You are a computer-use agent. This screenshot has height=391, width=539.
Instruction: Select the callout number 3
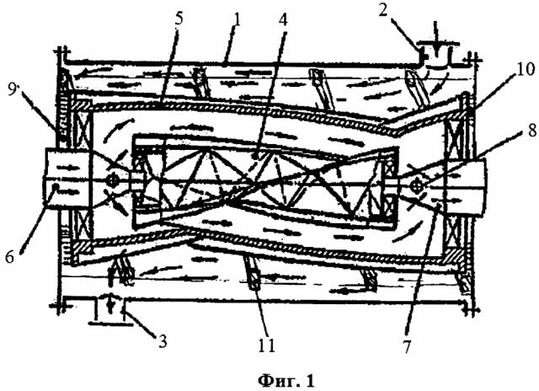pyautogui.click(x=163, y=341)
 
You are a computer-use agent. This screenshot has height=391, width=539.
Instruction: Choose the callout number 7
pyautogui.click(x=407, y=347)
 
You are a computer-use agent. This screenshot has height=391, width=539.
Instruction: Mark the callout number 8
pyautogui.click(x=532, y=131)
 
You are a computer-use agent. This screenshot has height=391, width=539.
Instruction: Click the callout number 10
pyautogui.click(x=526, y=70)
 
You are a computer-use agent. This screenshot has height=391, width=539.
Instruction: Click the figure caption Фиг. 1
pyautogui.click(x=286, y=381)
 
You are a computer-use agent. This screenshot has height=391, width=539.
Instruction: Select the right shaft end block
pyautogui.click(x=465, y=188)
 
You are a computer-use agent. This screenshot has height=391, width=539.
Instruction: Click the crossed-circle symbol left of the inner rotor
pyautogui.click(x=113, y=179)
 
